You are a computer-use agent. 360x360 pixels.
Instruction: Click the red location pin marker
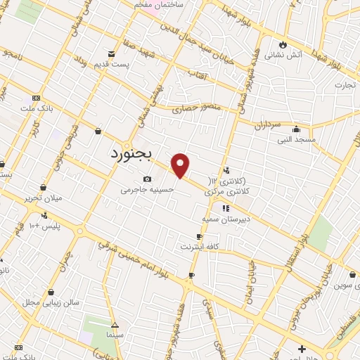pyautogui.click(x=181, y=166)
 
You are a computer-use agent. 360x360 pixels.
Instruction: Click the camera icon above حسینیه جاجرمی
pyautogui.click(x=147, y=179)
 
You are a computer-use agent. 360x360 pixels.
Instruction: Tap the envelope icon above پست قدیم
pyautogui.click(x=111, y=55)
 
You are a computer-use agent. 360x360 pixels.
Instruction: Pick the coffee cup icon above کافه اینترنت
pyautogui.click(x=200, y=236)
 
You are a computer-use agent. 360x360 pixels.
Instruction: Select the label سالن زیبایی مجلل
pyautogui.click(x=42, y=302)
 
